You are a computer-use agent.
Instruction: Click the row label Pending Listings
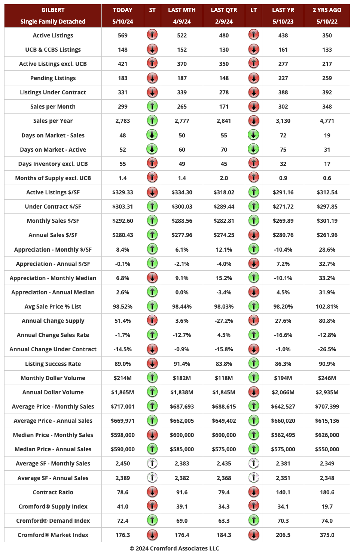coord(53,78)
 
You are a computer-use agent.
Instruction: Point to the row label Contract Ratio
coord(53,492)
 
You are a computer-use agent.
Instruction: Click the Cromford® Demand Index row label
coord(53,521)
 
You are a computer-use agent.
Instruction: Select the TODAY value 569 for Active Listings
coord(122,35)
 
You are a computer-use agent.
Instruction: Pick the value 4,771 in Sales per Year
coord(327,121)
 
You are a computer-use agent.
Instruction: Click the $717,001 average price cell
coord(122,406)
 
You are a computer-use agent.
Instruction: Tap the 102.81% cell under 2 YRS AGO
coord(327,306)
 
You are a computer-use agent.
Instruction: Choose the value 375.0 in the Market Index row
coord(327,535)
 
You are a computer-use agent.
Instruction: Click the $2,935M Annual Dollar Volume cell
coord(327,392)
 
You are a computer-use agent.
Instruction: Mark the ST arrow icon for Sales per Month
coord(152,106)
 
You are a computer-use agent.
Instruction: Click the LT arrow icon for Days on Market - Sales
coord(253,135)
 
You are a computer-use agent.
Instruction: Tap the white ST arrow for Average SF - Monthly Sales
coord(152,463)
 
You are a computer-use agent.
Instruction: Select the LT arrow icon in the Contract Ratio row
coord(253,492)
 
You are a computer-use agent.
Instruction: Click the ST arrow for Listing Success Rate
coord(152,363)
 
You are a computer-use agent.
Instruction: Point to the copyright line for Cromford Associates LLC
coord(174,548)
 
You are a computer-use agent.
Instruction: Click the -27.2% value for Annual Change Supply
coord(224,321)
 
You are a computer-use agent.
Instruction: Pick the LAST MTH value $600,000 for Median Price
coord(181,435)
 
